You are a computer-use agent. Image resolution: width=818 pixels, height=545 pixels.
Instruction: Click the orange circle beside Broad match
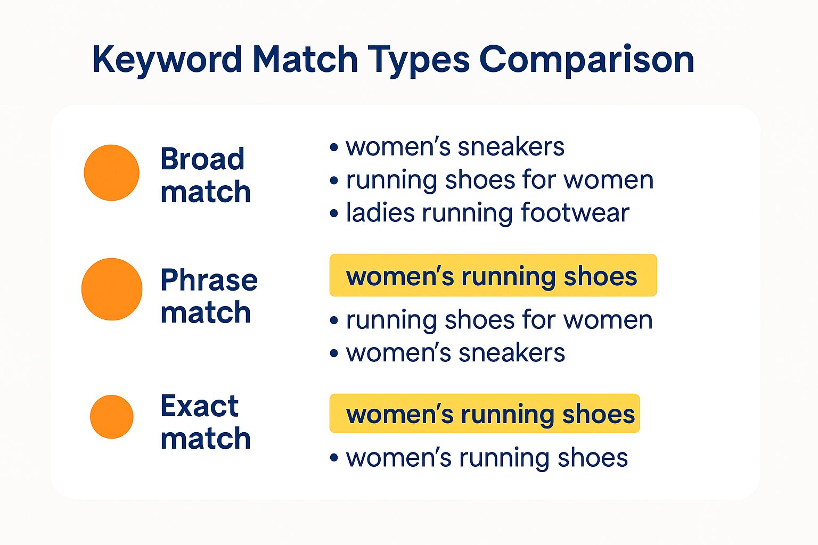[x=111, y=172]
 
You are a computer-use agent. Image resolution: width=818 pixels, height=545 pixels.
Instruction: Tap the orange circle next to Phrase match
[x=112, y=289]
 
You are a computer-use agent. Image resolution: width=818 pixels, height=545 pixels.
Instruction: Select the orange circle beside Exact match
[x=112, y=417]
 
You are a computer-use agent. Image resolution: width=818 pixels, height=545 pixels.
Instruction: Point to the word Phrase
[x=209, y=280]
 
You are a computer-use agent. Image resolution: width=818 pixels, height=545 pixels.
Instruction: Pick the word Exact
[x=199, y=406]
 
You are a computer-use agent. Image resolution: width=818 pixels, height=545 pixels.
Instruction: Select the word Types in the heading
[x=419, y=60]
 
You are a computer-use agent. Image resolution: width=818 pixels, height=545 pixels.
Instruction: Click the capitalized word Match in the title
[x=305, y=59]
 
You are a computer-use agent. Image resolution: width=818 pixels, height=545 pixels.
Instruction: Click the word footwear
[x=575, y=212]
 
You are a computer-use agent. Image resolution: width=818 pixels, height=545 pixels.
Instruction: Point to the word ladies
[x=380, y=212]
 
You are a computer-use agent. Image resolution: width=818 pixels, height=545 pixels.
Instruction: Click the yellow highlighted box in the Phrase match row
[x=493, y=275]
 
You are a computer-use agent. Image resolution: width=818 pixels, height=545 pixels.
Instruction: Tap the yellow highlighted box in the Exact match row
[x=484, y=414]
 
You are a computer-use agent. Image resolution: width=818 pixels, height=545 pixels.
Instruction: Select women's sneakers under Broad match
[x=455, y=147]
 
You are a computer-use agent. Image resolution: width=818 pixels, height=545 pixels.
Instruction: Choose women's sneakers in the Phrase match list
[x=455, y=353]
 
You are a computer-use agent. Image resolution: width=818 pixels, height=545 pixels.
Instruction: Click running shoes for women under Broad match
[x=500, y=179]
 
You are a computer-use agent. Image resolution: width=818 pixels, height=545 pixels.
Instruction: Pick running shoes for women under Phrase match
[x=499, y=320]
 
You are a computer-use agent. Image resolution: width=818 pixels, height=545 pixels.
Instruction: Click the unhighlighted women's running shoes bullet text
[x=487, y=458]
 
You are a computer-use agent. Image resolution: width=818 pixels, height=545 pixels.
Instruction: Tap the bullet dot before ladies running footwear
[x=334, y=213]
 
